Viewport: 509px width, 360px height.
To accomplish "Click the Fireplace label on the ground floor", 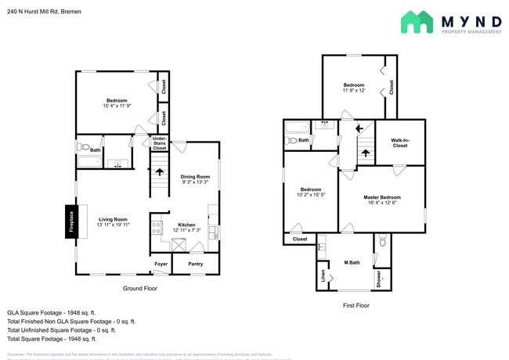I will coord(71,221).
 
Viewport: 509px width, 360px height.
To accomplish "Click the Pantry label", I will coord(195,265).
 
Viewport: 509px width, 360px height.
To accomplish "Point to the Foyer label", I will coord(161,265).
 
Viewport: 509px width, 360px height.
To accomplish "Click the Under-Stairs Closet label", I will coord(159,142).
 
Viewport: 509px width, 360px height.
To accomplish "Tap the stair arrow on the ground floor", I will coord(160,172).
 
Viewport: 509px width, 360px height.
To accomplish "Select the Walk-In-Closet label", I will coord(399,142).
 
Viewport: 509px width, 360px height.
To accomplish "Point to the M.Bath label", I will coord(352,263).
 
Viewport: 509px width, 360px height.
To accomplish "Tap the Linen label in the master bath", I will coord(323,276).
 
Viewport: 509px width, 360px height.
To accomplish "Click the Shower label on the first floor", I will coord(378,278).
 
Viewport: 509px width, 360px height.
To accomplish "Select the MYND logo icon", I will coord(417,22).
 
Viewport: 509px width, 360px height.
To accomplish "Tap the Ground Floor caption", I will coord(140,288).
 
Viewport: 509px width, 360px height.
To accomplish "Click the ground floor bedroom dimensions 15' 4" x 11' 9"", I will coord(117,107).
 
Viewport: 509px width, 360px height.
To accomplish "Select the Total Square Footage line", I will coord(52,339).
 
